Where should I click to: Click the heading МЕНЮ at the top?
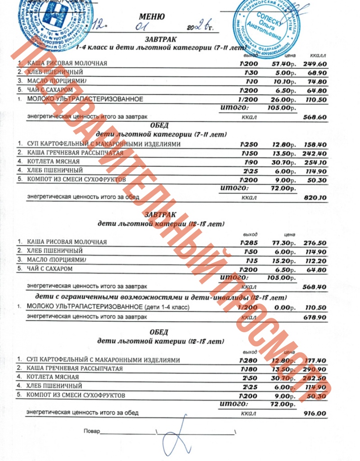click(152, 17)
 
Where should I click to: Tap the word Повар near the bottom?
click(91, 431)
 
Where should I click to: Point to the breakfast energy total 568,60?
click(315, 117)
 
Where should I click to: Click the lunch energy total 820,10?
click(315, 197)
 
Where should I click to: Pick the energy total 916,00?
click(315, 413)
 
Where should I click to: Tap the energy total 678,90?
click(315, 317)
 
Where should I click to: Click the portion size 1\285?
click(248, 242)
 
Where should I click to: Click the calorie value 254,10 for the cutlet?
click(315, 162)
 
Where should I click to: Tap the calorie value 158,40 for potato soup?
click(315, 145)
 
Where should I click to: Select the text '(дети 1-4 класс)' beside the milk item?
click(167, 307)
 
